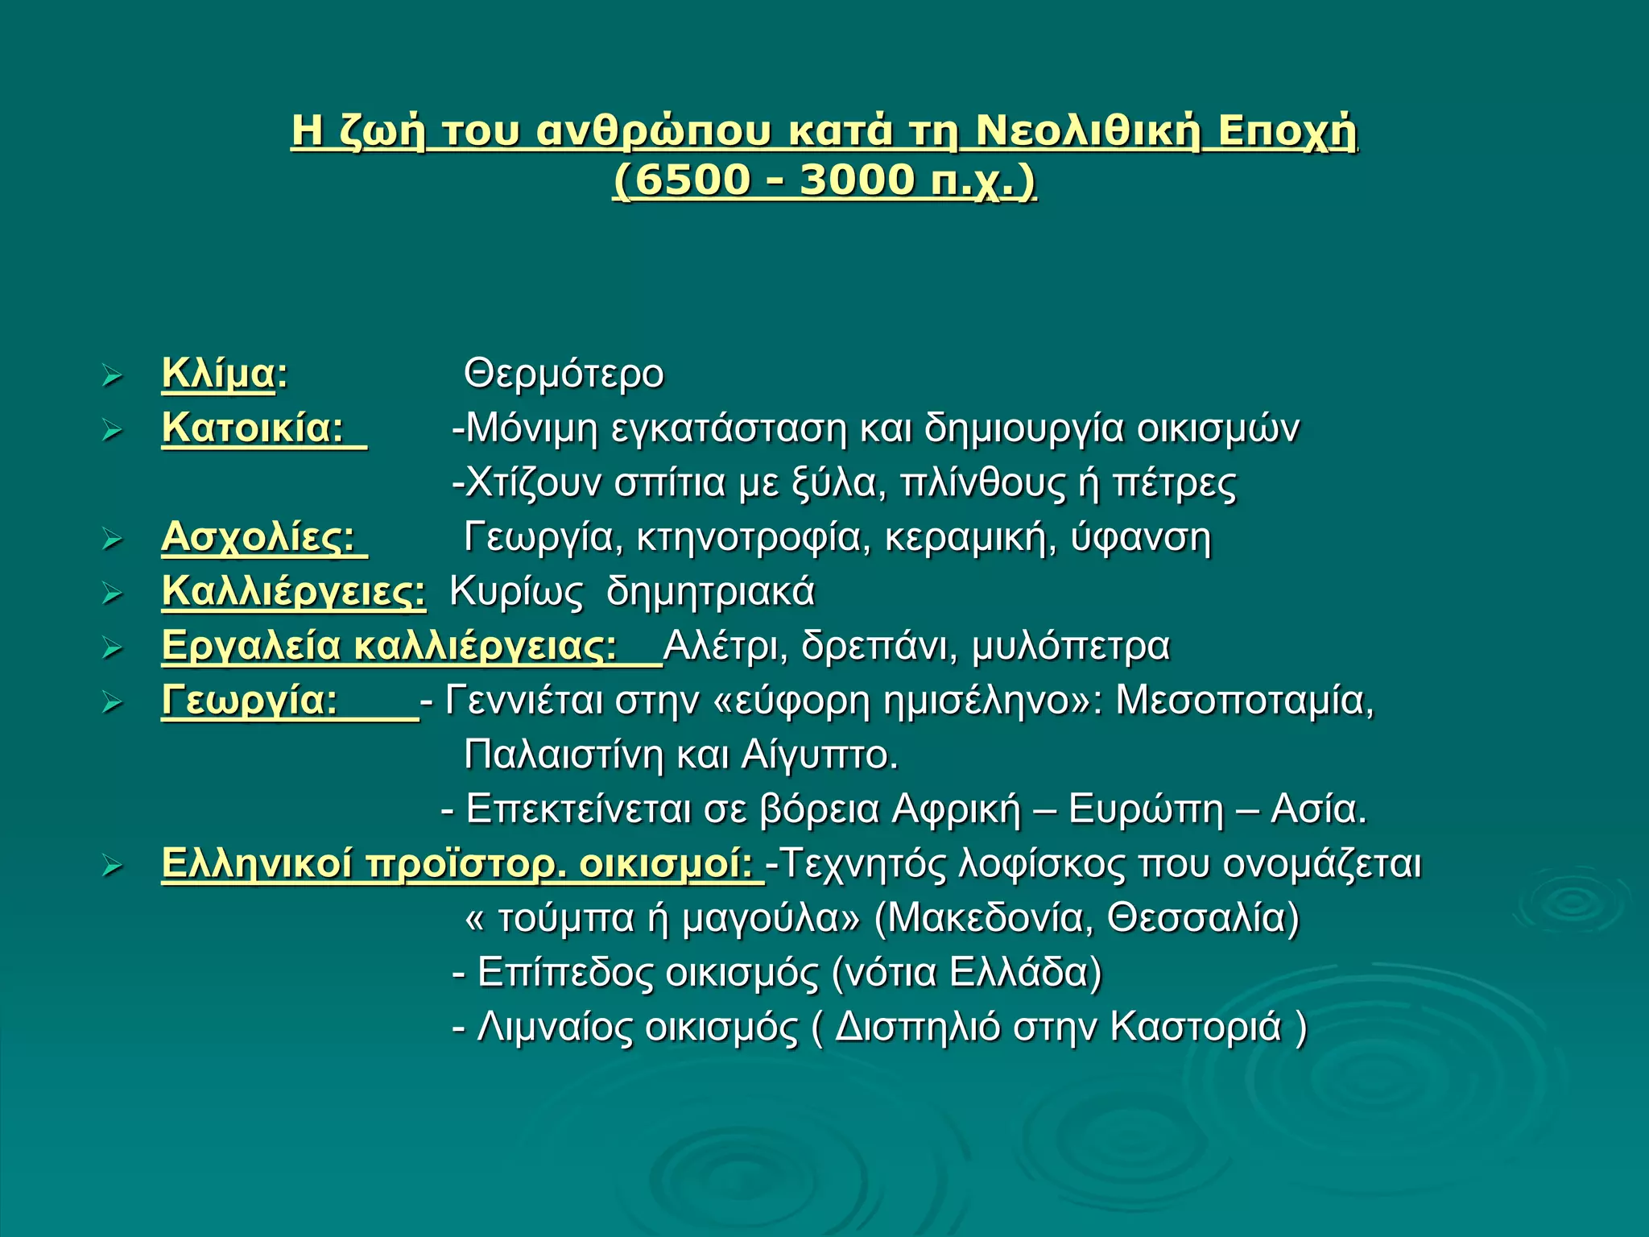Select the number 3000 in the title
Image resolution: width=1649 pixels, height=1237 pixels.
click(x=858, y=180)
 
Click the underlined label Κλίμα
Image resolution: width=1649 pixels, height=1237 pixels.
click(x=218, y=374)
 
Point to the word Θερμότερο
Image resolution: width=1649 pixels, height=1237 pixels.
click(x=564, y=374)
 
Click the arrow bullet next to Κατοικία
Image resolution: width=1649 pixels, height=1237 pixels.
click(x=112, y=431)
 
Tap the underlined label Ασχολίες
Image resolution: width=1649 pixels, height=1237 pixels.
click(x=258, y=537)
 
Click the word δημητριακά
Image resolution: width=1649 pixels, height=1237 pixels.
click(x=710, y=592)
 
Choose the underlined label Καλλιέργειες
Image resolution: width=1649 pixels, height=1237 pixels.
click(x=293, y=592)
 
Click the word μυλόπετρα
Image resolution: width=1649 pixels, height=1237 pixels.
click(x=1070, y=646)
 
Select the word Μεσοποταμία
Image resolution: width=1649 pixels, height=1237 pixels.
click(x=1244, y=700)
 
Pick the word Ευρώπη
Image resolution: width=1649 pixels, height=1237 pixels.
click(x=1146, y=809)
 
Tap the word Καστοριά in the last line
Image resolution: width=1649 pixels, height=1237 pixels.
click(x=1195, y=1027)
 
